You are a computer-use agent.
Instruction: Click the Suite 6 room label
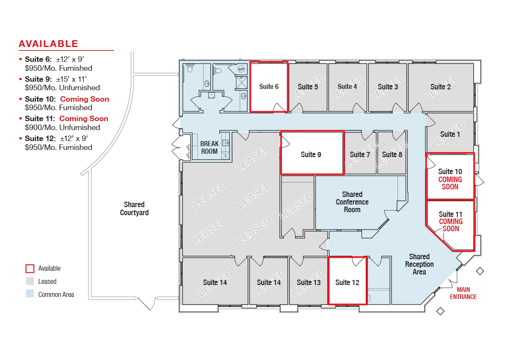coord(269,87)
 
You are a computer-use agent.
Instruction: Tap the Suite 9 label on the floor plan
coord(311,155)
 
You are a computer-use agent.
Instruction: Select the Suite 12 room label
coord(347,282)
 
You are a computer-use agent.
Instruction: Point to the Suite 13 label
coord(309,282)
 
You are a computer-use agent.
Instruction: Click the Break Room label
coord(209,147)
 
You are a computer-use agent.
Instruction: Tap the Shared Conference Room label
coord(352,202)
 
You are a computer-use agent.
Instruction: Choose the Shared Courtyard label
coord(134,209)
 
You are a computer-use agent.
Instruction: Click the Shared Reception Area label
coord(420,264)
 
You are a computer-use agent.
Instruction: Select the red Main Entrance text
coord(463,294)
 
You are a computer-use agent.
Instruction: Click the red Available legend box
coord(30,269)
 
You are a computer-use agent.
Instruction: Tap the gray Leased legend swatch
coord(30,281)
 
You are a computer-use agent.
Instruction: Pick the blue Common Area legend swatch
coord(30,294)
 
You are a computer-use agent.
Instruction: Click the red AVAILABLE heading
coord(48,44)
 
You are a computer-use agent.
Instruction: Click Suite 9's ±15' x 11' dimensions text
coord(72,79)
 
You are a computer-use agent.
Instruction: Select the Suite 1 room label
coord(450,134)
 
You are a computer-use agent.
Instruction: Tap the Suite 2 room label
coord(440,87)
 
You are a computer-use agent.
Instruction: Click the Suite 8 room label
coord(392,155)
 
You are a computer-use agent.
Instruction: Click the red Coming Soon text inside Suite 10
coord(450,183)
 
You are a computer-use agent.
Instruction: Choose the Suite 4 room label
coord(347,87)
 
